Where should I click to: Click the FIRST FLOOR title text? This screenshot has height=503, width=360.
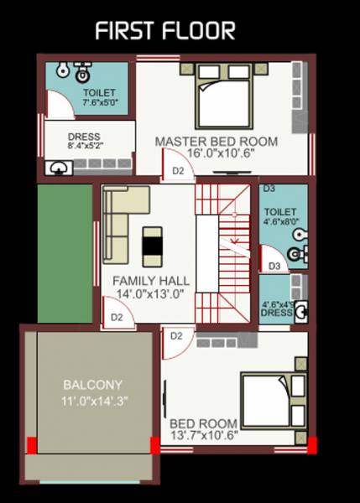[x=164, y=31]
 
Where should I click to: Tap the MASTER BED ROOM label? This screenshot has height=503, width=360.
[x=216, y=142]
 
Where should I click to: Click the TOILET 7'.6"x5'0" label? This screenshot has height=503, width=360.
[x=100, y=97]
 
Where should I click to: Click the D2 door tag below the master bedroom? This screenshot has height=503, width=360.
[x=178, y=170]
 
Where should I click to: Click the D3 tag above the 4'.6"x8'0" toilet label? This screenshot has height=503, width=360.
[x=269, y=189]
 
